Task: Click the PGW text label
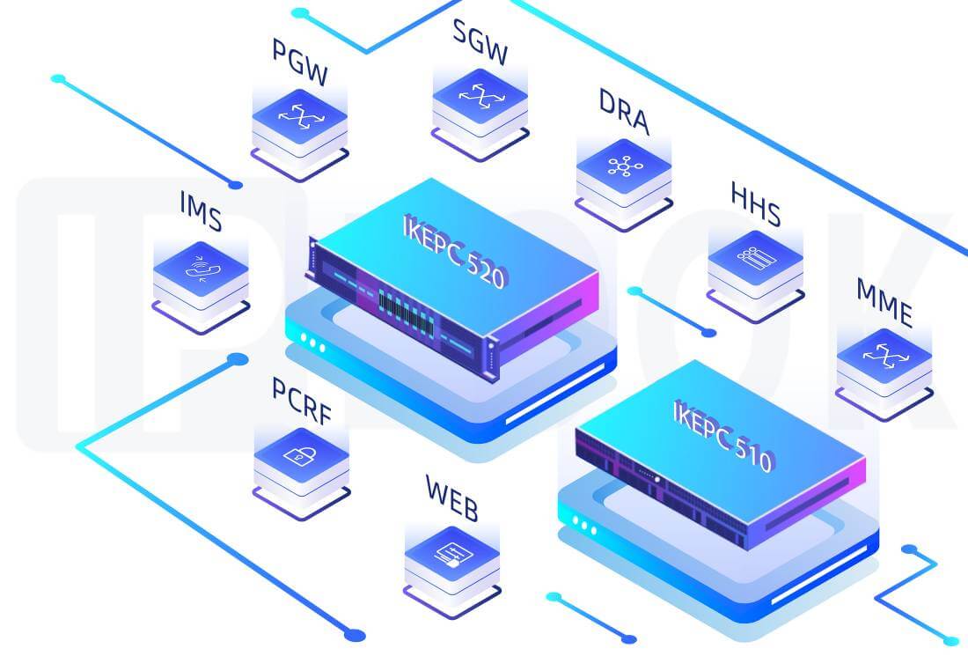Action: pyautogui.click(x=299, y=64)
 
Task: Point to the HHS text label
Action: pyautogui.click(x=754, y=205)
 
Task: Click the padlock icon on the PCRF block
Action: pyautogui.click(x=300, y=455)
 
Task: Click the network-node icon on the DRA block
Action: pyautogui.click(x=624, y=166)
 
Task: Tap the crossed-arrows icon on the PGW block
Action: pyautogui.click(x=299, y=115)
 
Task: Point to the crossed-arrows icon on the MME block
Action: pyautogui.click(x=883, y=354)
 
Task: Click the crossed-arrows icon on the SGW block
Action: pyautogui.click(x=480, y=95)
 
